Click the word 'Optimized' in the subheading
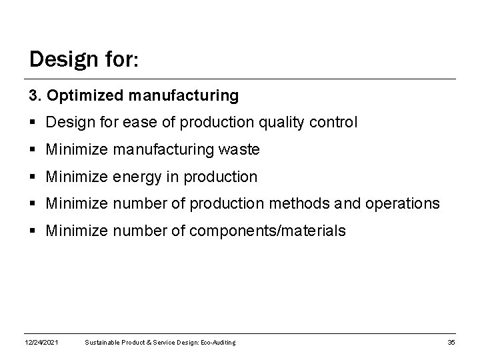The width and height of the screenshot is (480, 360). pos(79,96)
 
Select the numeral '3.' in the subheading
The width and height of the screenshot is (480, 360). pos(35,96)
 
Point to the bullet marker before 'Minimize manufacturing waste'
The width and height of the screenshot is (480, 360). pos(33,151)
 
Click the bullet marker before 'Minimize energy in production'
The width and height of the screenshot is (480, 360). pos(33,178)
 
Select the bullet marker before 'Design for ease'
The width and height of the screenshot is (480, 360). pos(33,123)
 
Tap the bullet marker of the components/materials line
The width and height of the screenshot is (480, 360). pos(33,232)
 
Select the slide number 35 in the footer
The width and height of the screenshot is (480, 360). pos(451,343)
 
